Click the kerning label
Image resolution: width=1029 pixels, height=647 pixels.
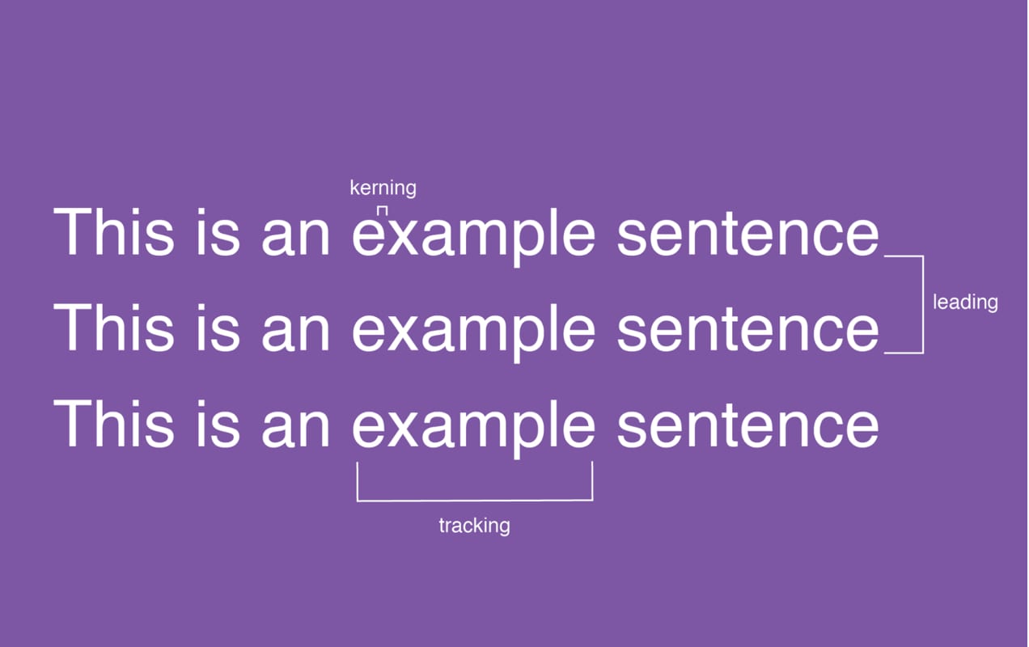[383, 188]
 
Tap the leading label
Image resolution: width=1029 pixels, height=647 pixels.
[965, 302]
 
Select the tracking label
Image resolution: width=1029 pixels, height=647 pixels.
[474, 526]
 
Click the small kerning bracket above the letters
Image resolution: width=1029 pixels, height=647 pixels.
[383, 209]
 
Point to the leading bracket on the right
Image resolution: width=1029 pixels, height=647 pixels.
[921, 304]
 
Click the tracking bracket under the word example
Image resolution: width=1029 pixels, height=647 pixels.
[474, 499]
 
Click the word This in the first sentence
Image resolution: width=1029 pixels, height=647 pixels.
[113, 233]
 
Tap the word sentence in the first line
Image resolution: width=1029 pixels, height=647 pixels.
[747, 235]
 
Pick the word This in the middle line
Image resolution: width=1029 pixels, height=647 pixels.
[113, 328]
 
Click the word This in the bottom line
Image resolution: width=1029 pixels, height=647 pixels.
[113, 424]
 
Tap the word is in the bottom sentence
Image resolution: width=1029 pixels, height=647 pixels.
[218, 424]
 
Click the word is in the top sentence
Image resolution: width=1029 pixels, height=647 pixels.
[218, 233]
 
